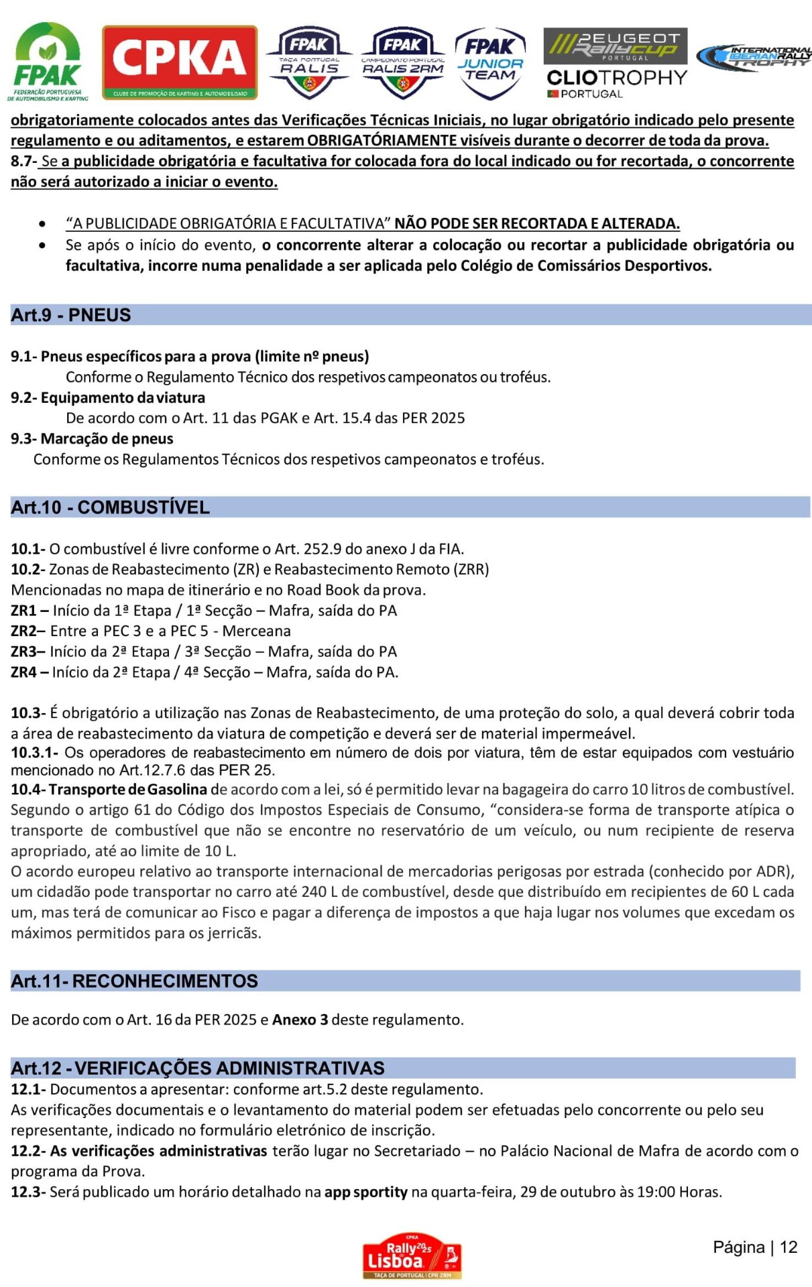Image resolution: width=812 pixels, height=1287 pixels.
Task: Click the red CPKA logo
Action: click(179, 62)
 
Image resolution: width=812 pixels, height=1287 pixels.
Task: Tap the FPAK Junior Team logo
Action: click(490, 63)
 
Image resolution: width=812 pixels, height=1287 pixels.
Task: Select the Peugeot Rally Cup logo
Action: click(615, 46)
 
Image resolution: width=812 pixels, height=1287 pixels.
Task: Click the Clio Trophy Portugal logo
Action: click(616, 83)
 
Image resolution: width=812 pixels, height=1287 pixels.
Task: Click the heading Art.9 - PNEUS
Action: click(71, 315)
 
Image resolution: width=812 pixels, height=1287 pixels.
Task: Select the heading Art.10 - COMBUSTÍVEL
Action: click(110, 507)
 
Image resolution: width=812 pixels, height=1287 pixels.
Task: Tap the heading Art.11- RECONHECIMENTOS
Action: click(134, 981)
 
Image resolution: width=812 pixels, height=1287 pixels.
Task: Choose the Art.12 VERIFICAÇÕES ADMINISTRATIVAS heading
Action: click(198, 1068)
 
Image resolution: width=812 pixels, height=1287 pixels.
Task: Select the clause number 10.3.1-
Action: click(34, 753)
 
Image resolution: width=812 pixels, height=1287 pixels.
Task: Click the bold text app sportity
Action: click(365, 1192)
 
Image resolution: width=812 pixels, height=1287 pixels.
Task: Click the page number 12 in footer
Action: click(789, 1247)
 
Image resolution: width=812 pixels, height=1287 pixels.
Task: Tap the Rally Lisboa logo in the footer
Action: click(412, 1255)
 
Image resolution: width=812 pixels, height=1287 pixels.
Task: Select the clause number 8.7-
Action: click(23, 162)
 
